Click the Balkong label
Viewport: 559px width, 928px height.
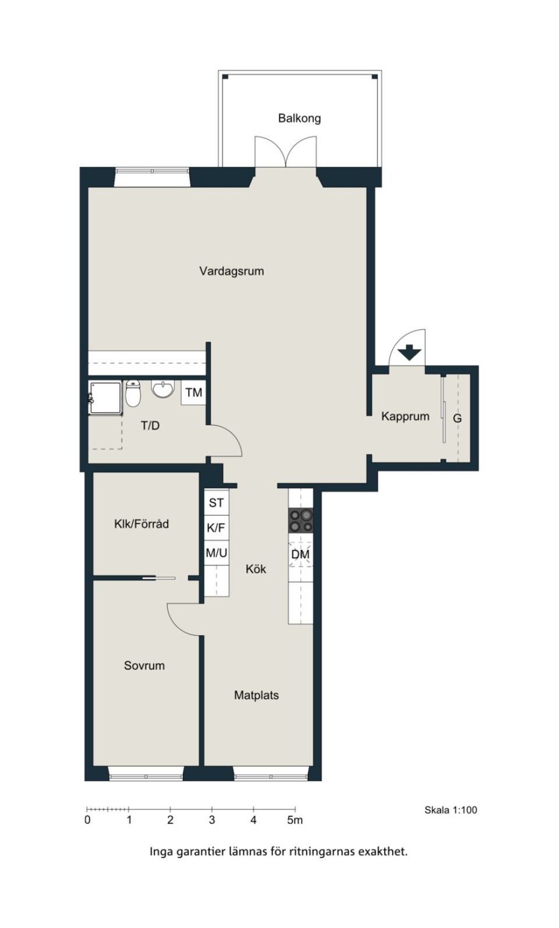[299, 119]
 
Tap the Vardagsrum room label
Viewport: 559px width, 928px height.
[232, 271]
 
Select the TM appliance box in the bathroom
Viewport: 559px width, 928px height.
[193, 392]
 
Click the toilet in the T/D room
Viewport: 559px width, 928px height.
[133, 393]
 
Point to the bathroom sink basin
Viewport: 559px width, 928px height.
[163, 389]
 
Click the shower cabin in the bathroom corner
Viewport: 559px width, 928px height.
[105, 398]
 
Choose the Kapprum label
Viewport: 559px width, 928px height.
[405, 416]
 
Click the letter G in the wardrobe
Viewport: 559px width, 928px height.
[457, 419]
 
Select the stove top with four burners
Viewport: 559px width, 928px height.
[301, 520]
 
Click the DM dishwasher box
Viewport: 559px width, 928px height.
[300, 554]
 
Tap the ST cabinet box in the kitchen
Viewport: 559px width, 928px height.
[216, 502]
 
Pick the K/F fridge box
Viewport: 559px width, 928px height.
[216, 528]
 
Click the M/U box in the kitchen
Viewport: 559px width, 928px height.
[216, 552]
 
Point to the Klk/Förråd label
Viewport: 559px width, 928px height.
[141, 524]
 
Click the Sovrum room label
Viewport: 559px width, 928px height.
[144, 665]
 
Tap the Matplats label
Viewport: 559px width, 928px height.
[257, 695]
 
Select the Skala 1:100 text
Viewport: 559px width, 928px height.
[451, 810]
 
